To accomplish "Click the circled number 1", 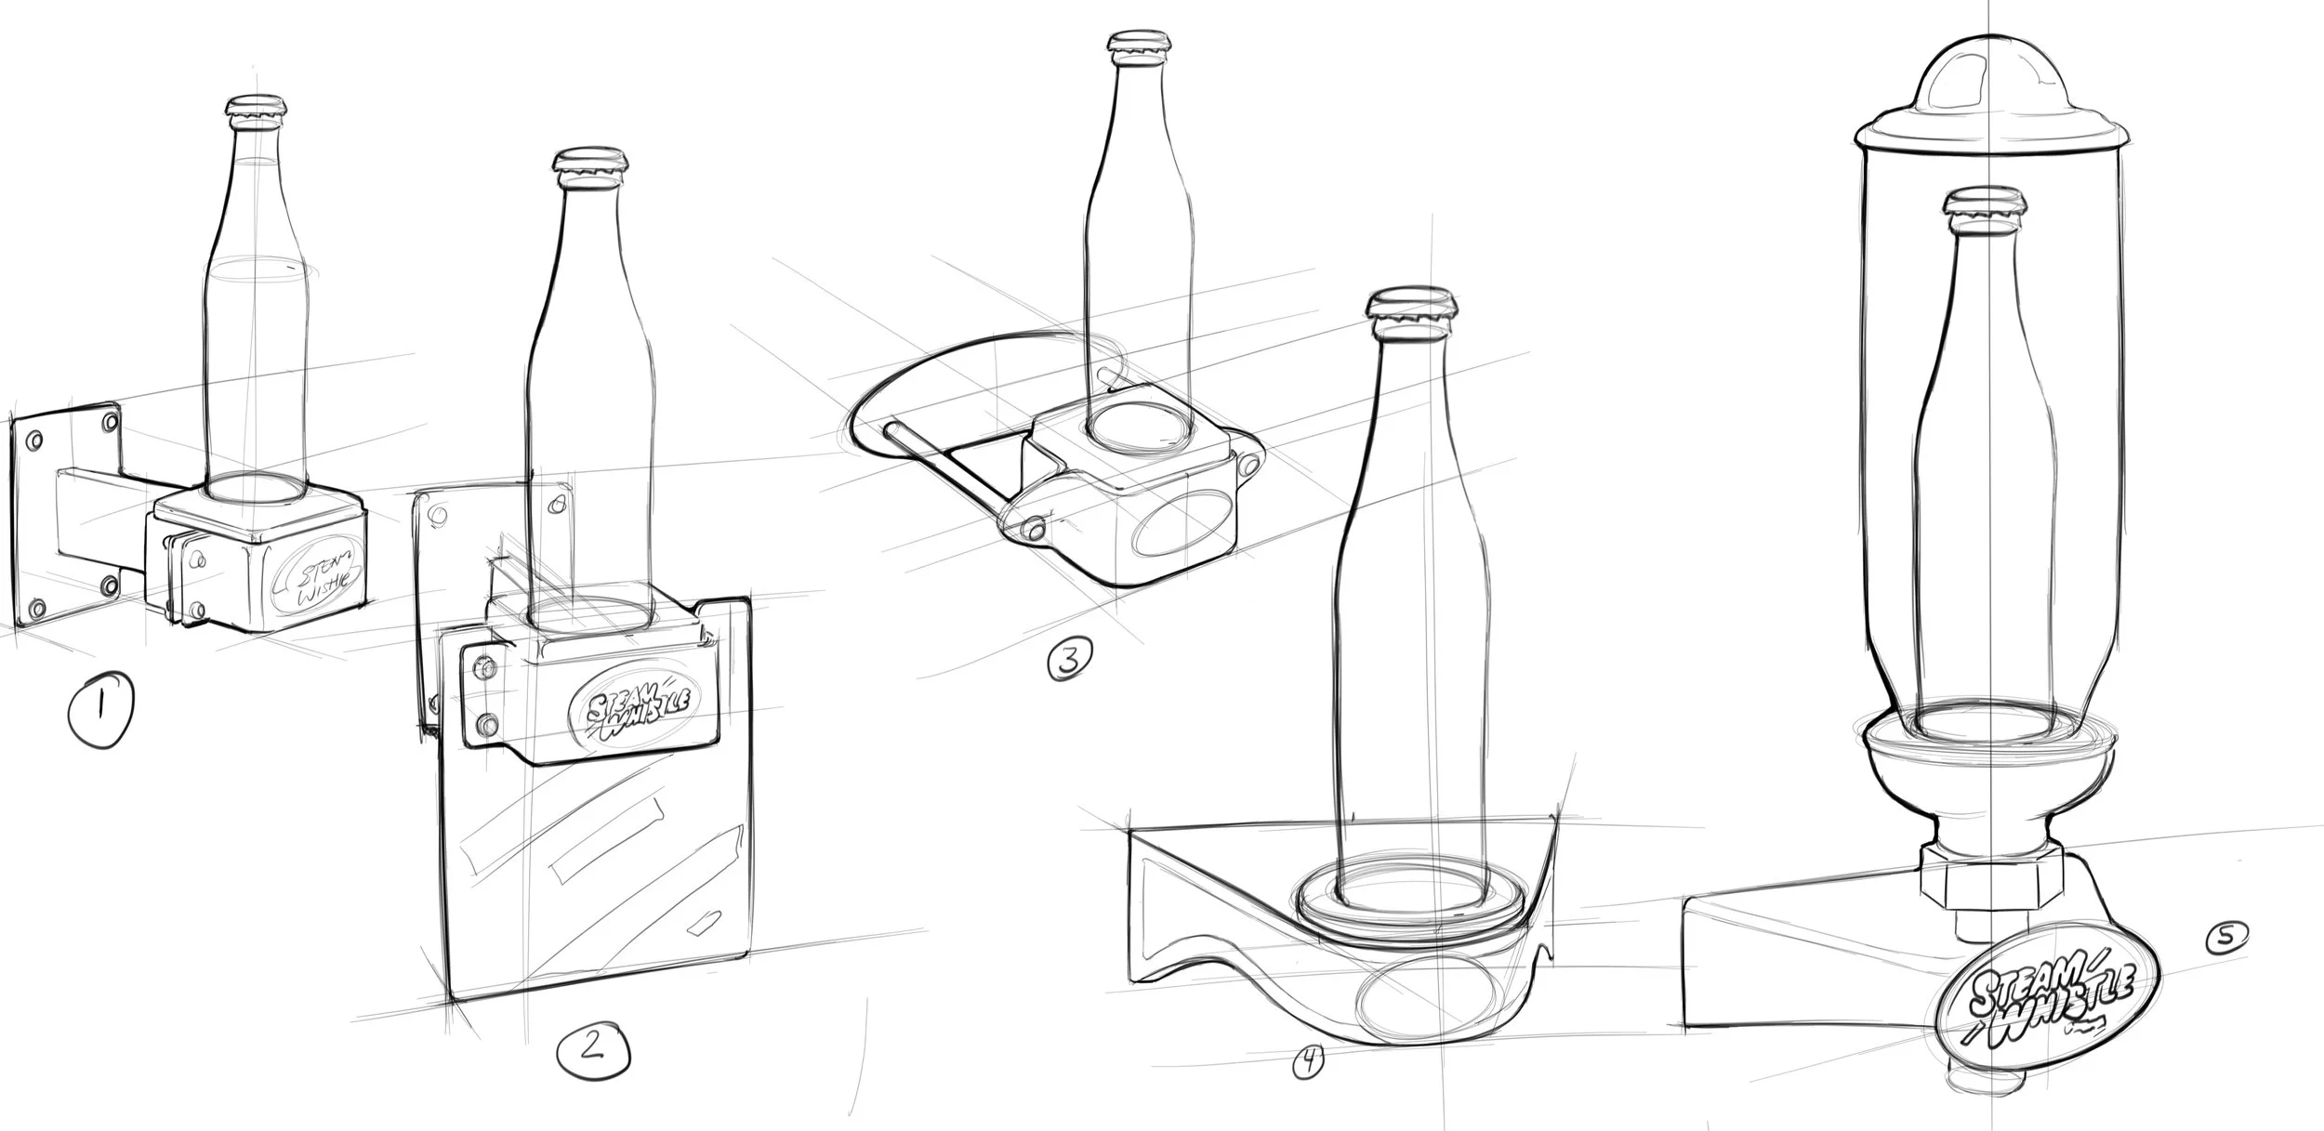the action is tap(99, 710).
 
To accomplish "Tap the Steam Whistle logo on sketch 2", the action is tap(633, 711).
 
